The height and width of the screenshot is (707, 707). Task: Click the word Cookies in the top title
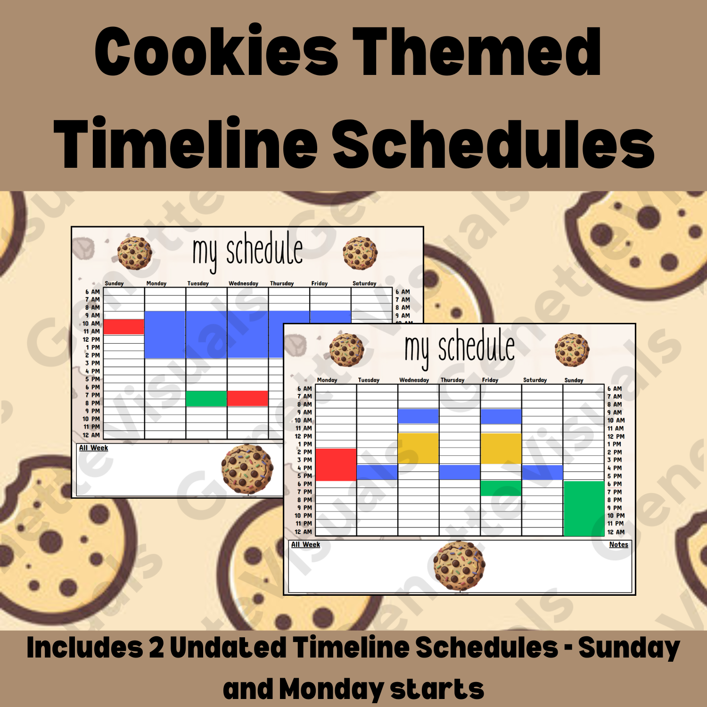216,52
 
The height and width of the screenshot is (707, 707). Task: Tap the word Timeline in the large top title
186,143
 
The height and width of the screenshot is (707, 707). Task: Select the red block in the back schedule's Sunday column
123,327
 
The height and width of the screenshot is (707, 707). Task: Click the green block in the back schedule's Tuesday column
206,398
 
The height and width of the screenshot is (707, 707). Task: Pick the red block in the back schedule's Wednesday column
247,398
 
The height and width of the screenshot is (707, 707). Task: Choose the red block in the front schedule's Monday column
336,464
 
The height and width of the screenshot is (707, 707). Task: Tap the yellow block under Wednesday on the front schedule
418,448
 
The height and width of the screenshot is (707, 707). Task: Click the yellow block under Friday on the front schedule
501,448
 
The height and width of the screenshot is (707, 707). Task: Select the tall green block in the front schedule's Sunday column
584,508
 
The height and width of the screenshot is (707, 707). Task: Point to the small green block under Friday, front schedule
501,488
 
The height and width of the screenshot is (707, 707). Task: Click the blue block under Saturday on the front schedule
542,472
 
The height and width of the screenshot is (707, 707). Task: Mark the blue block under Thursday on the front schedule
460,472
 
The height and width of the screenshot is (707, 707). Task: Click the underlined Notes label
618,544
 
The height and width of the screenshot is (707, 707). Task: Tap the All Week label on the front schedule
305,544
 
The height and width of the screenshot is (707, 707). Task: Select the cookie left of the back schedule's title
135,253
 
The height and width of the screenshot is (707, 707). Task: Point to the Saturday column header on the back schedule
364,283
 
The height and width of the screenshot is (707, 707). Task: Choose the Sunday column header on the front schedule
574,380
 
